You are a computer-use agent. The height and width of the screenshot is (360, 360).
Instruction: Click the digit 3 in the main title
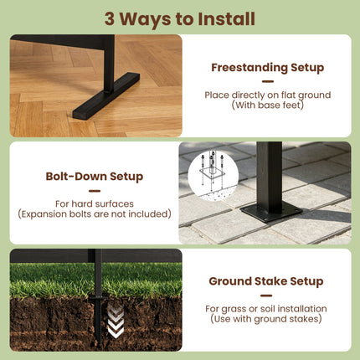[110, 19]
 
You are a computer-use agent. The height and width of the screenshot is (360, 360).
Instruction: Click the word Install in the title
[226, 18]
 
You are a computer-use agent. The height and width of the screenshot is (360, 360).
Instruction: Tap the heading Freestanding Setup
[268, 68]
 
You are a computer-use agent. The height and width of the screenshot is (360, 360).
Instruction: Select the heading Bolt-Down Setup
[95, 177]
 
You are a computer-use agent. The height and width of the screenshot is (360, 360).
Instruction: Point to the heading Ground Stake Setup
[266, 281]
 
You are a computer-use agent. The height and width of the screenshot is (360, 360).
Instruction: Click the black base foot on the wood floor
[106, 96]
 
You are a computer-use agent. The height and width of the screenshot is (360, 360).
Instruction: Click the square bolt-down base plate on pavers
[271, 211]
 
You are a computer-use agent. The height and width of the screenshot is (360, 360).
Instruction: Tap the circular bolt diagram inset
[213, 174]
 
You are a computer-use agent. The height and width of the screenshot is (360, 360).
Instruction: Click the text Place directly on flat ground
[268, 95]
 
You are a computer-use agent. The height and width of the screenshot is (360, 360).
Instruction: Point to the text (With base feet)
[268, 105]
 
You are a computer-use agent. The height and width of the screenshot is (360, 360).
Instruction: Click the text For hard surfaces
[95, 203]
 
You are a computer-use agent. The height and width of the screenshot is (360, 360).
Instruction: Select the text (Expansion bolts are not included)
[95, 214]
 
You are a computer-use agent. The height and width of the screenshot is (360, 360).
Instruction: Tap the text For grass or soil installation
[266, 309]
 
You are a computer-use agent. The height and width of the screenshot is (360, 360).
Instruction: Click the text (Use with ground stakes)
[266, 319]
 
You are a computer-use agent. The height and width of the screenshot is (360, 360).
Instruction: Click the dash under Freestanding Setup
[268, 81]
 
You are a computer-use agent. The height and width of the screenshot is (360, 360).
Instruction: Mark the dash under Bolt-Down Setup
[95, 191]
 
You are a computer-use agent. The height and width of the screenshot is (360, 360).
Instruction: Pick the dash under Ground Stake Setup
[266, 296]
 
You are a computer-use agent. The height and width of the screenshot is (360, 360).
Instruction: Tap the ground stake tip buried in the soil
[98, 341]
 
